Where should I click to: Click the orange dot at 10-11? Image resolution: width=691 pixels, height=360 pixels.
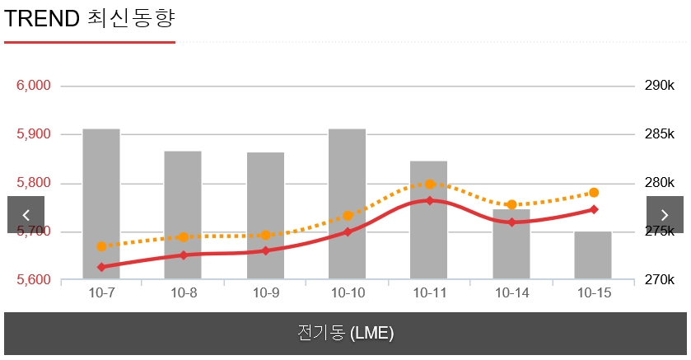(x=430, y=184)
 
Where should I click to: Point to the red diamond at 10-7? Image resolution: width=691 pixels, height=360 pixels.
(x=101, y=267)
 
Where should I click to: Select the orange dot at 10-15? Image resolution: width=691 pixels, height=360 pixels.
(x=594, y=193)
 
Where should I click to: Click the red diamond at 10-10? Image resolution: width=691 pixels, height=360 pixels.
(x=348, y=231)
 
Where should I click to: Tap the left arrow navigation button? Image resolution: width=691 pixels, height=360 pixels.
(x=26, y=215)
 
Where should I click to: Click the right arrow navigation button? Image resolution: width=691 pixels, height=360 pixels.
(x=664, y=215)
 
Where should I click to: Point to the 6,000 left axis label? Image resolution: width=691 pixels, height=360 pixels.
(x=33, y=86)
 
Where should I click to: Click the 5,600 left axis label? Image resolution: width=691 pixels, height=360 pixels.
(x=33, y=280)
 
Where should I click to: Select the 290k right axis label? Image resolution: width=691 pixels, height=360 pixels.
(x=660, y=86)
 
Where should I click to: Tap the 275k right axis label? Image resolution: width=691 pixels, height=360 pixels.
(x=660, y=231)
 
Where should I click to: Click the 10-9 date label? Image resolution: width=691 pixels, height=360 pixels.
(x=265, y=292)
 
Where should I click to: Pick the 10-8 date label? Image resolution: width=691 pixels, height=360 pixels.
(x=183, y=292)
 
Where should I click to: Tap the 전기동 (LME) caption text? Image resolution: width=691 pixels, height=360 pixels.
(x=345, y=334)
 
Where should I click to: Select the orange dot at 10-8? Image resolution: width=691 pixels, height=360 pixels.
(x=183, y=237)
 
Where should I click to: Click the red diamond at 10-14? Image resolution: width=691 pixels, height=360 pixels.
(x=511, y=222)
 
